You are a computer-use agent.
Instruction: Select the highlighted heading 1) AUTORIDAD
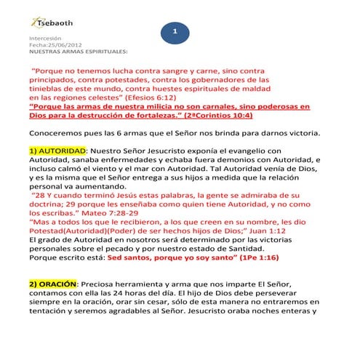coord(55,151)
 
